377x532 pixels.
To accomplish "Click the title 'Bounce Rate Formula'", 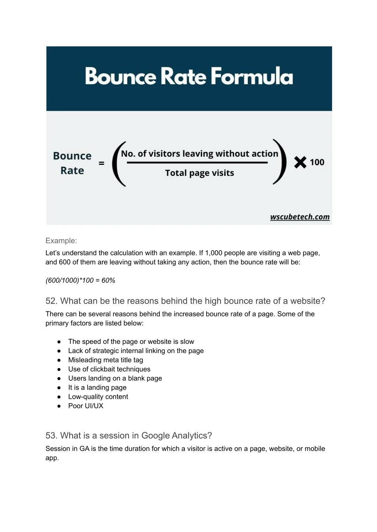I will [x=189, y=76].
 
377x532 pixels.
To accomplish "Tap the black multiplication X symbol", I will [x=300, y=162].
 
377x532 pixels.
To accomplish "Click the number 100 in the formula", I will [x=317, y=162].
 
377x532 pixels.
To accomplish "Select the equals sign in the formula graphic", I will [x=102, y=163].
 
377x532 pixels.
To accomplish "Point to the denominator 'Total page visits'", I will [x=200, y=173].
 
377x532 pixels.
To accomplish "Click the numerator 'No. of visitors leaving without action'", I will [x=200, y=154].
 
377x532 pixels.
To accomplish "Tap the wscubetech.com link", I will [x=300, y=217].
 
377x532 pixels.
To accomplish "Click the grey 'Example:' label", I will [x=61, y=241].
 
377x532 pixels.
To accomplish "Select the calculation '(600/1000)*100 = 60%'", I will [x=80, y=280].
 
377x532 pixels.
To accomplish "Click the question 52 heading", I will [x=185, y=301].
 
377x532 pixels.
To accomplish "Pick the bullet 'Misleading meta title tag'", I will [x=105, y=360].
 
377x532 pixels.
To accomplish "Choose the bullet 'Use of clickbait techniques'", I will [x=109, y=369].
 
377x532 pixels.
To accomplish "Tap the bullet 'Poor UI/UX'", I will [x=85, y=406].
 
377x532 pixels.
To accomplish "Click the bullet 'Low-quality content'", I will [x=98, y=397].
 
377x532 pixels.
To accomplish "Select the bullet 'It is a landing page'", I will [x=97, y=387].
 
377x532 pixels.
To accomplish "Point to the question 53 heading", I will [x=128, y=436].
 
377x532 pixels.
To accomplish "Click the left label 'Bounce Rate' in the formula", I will [x=72, y=163].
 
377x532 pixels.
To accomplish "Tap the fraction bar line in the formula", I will [x=197, y=162].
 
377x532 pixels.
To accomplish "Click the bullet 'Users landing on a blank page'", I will [x=115, y=378].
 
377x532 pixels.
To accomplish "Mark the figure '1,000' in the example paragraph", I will [x=214, y=253].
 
